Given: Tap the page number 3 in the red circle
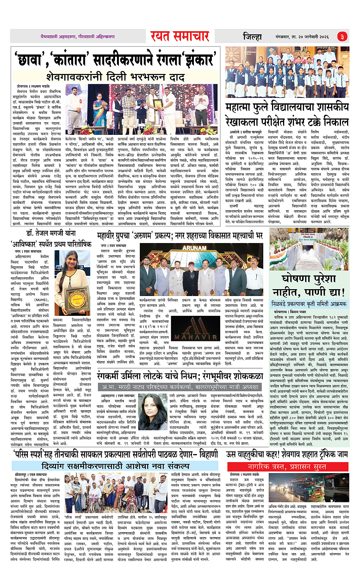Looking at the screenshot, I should pos(342,37).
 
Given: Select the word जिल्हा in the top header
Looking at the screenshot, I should pos(252,37).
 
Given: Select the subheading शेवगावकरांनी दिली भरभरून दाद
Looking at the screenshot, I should pos(115,77).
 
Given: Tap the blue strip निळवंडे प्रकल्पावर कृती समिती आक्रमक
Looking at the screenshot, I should pos(309,304).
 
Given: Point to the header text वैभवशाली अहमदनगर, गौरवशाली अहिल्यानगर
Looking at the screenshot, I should pos(78,37).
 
